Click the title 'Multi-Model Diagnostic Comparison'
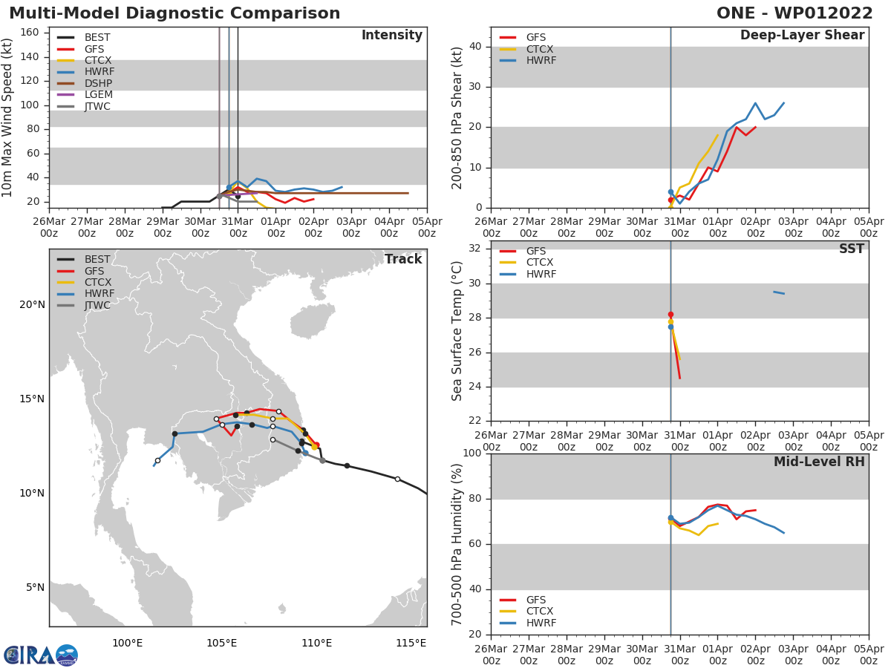pyautogui.click(x=174, y=13)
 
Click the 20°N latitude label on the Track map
pyautogui.click(x=32, y=304)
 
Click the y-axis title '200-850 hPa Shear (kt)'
pyautogui.click(x=457, y=117)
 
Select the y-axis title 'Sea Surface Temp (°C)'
pyautogui.click(x=457, y=331)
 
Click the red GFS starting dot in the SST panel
pyautogui.click(x=670, y=315)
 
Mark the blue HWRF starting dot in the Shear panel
pyautogui.click(x=670, y=192)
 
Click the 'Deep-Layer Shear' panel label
pyautogui.click(x=802, y=36)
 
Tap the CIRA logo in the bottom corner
pyautogui.click(x=41, y=655)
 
